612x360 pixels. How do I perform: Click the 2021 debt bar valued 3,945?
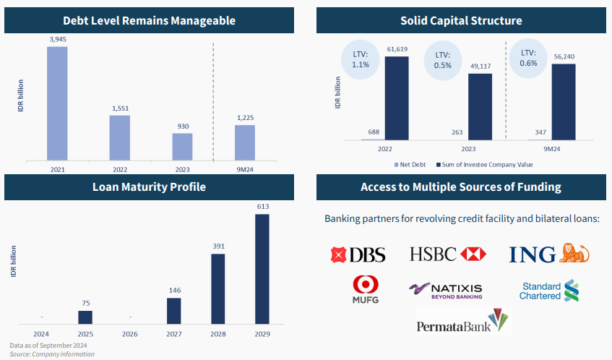[x=57, y=102]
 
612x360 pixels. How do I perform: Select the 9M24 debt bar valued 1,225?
[x=244, y=141]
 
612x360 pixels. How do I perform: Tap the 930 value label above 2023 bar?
[x=182, y=127]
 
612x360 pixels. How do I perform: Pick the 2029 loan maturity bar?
[x=262, y=268]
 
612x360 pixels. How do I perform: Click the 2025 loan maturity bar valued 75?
[x=85, y=317]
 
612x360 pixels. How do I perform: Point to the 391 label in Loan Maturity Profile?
[x=217, y=246]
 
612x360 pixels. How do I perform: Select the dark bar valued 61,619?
[x=396, y=98]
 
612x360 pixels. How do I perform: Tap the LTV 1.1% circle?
[x=361, y=59]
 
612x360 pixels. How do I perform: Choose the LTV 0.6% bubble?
[x=529, y=57]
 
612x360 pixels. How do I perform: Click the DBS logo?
[x=358, y=254]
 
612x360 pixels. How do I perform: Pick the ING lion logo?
[x=549, y=254]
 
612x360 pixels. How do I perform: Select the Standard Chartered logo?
[x=550, y=291]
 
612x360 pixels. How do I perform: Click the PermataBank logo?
[x=463, y=320]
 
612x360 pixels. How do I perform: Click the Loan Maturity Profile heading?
[x=150, y=187]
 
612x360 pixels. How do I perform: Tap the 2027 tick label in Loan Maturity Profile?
[x=174, y=334]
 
